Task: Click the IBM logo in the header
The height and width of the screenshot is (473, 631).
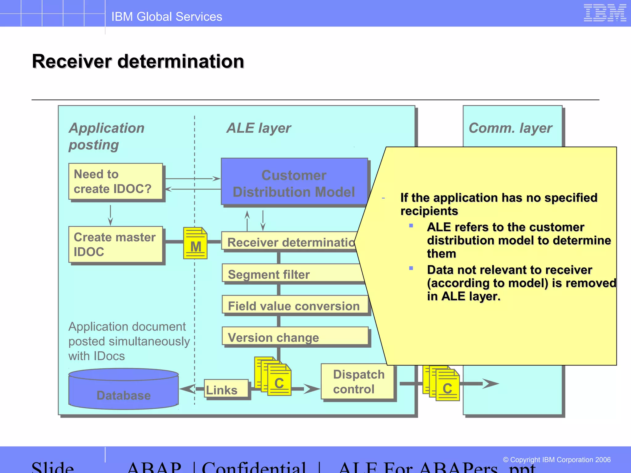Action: tap(605, 13)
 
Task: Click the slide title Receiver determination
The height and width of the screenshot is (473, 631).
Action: tap(138, 61)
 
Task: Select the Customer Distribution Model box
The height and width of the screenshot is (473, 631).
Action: tap(294, 183)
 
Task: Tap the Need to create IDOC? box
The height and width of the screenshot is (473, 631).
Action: tap(116, 182)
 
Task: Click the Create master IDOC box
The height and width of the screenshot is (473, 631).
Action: tap(116, 245)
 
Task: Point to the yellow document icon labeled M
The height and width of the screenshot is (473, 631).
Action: tap(195, 243)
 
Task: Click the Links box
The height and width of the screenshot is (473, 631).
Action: tap(226, 389)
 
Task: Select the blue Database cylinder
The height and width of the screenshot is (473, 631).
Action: tap(124, 389)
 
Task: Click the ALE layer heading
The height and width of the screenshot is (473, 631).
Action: tap(259, 128)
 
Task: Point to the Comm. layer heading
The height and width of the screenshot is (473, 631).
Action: tap(510, 128)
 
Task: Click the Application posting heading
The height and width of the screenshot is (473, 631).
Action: tap(106, 136)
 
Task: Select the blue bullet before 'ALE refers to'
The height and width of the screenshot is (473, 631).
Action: tap(411, 226)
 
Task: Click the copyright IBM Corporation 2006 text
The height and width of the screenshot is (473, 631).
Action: tap(556, 460)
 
